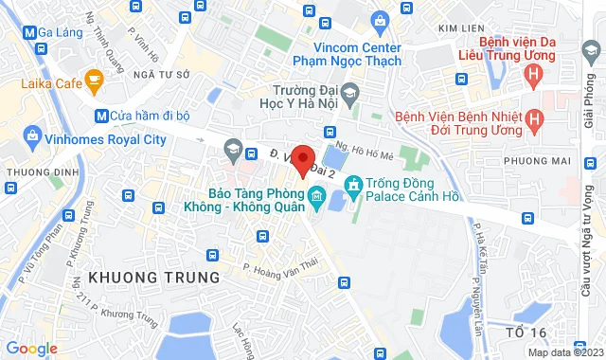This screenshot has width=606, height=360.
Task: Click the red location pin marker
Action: (x=302, y=159)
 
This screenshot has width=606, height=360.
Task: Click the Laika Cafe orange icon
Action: (x=93, y=81)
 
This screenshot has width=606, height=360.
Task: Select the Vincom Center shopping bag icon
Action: (x=380, y=19)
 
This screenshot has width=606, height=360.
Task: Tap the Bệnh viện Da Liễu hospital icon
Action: (x=536, y=73)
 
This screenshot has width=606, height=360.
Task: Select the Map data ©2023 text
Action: (x=563, y=352)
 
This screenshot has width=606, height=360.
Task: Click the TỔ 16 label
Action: (x=526, y=332)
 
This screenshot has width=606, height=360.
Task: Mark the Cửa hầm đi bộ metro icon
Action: (x=100, y=116)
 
